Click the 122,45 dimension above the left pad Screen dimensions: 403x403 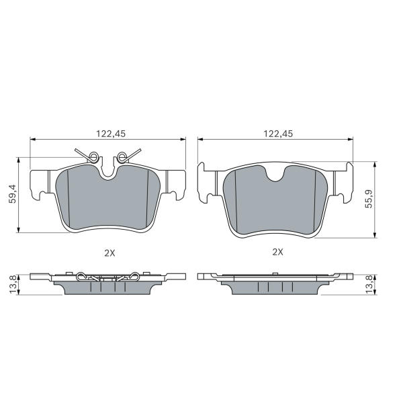point(111,134)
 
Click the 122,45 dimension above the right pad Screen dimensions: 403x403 point(278,134)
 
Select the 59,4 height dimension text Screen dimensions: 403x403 point(12,194)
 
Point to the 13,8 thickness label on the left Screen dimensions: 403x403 point(13,285)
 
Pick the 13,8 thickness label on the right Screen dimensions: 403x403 point(369,285)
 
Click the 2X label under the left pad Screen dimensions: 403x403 point(109,253)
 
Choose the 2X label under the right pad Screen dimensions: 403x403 point(277,252)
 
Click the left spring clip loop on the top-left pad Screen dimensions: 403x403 point(94,156)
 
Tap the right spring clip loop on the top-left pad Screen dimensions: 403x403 point(122,157)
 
